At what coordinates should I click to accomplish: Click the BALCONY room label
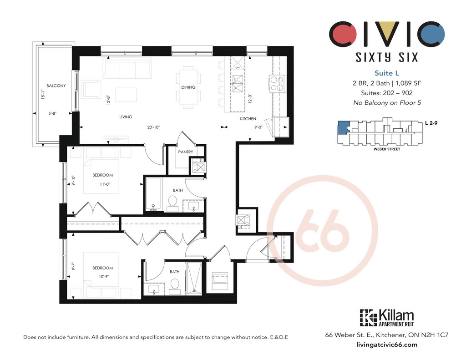coord(56,86)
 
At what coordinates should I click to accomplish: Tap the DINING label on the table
coord(188,87)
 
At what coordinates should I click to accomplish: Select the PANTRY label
coord(186,152)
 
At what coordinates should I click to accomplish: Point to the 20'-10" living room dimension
coord(153,127)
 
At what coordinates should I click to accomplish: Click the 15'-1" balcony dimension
coord(43,95)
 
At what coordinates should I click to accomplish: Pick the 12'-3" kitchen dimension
coord(250,98)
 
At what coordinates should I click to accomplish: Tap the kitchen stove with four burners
coord(278,83)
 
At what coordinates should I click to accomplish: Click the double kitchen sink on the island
coord(238,83)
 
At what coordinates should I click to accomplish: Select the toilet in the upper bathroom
coord(172,203)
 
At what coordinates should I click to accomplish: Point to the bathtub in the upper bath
coord(153,194)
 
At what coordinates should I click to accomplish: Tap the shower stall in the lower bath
coord(194,278)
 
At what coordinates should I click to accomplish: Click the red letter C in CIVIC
coord(343,33)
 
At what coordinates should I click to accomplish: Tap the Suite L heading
coord(387,73)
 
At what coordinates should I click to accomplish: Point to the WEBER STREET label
coord(387,149)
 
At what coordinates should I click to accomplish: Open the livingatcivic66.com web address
coord(386,345)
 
